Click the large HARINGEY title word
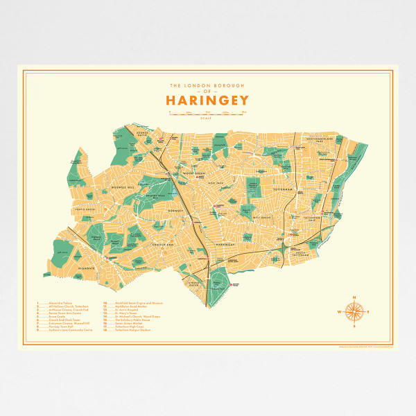207,100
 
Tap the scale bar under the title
207,112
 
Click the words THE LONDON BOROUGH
207,85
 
